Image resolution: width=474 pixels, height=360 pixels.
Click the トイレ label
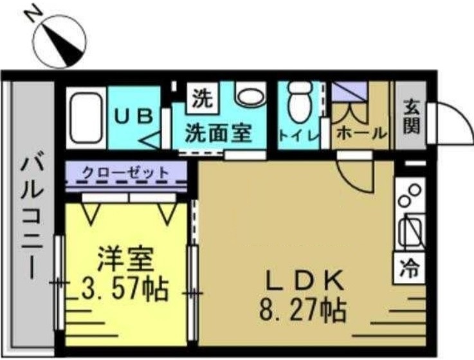click(x=298, y=135)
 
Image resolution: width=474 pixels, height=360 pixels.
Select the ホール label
click(x=361, y=133)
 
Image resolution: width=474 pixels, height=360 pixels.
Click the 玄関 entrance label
click(x=410, y=116)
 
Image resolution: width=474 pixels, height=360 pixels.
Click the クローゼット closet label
click(x=125, y=172)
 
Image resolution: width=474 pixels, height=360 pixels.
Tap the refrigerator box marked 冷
click(x=409, y=265)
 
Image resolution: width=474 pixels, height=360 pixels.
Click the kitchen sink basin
click(x=410, y=230)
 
